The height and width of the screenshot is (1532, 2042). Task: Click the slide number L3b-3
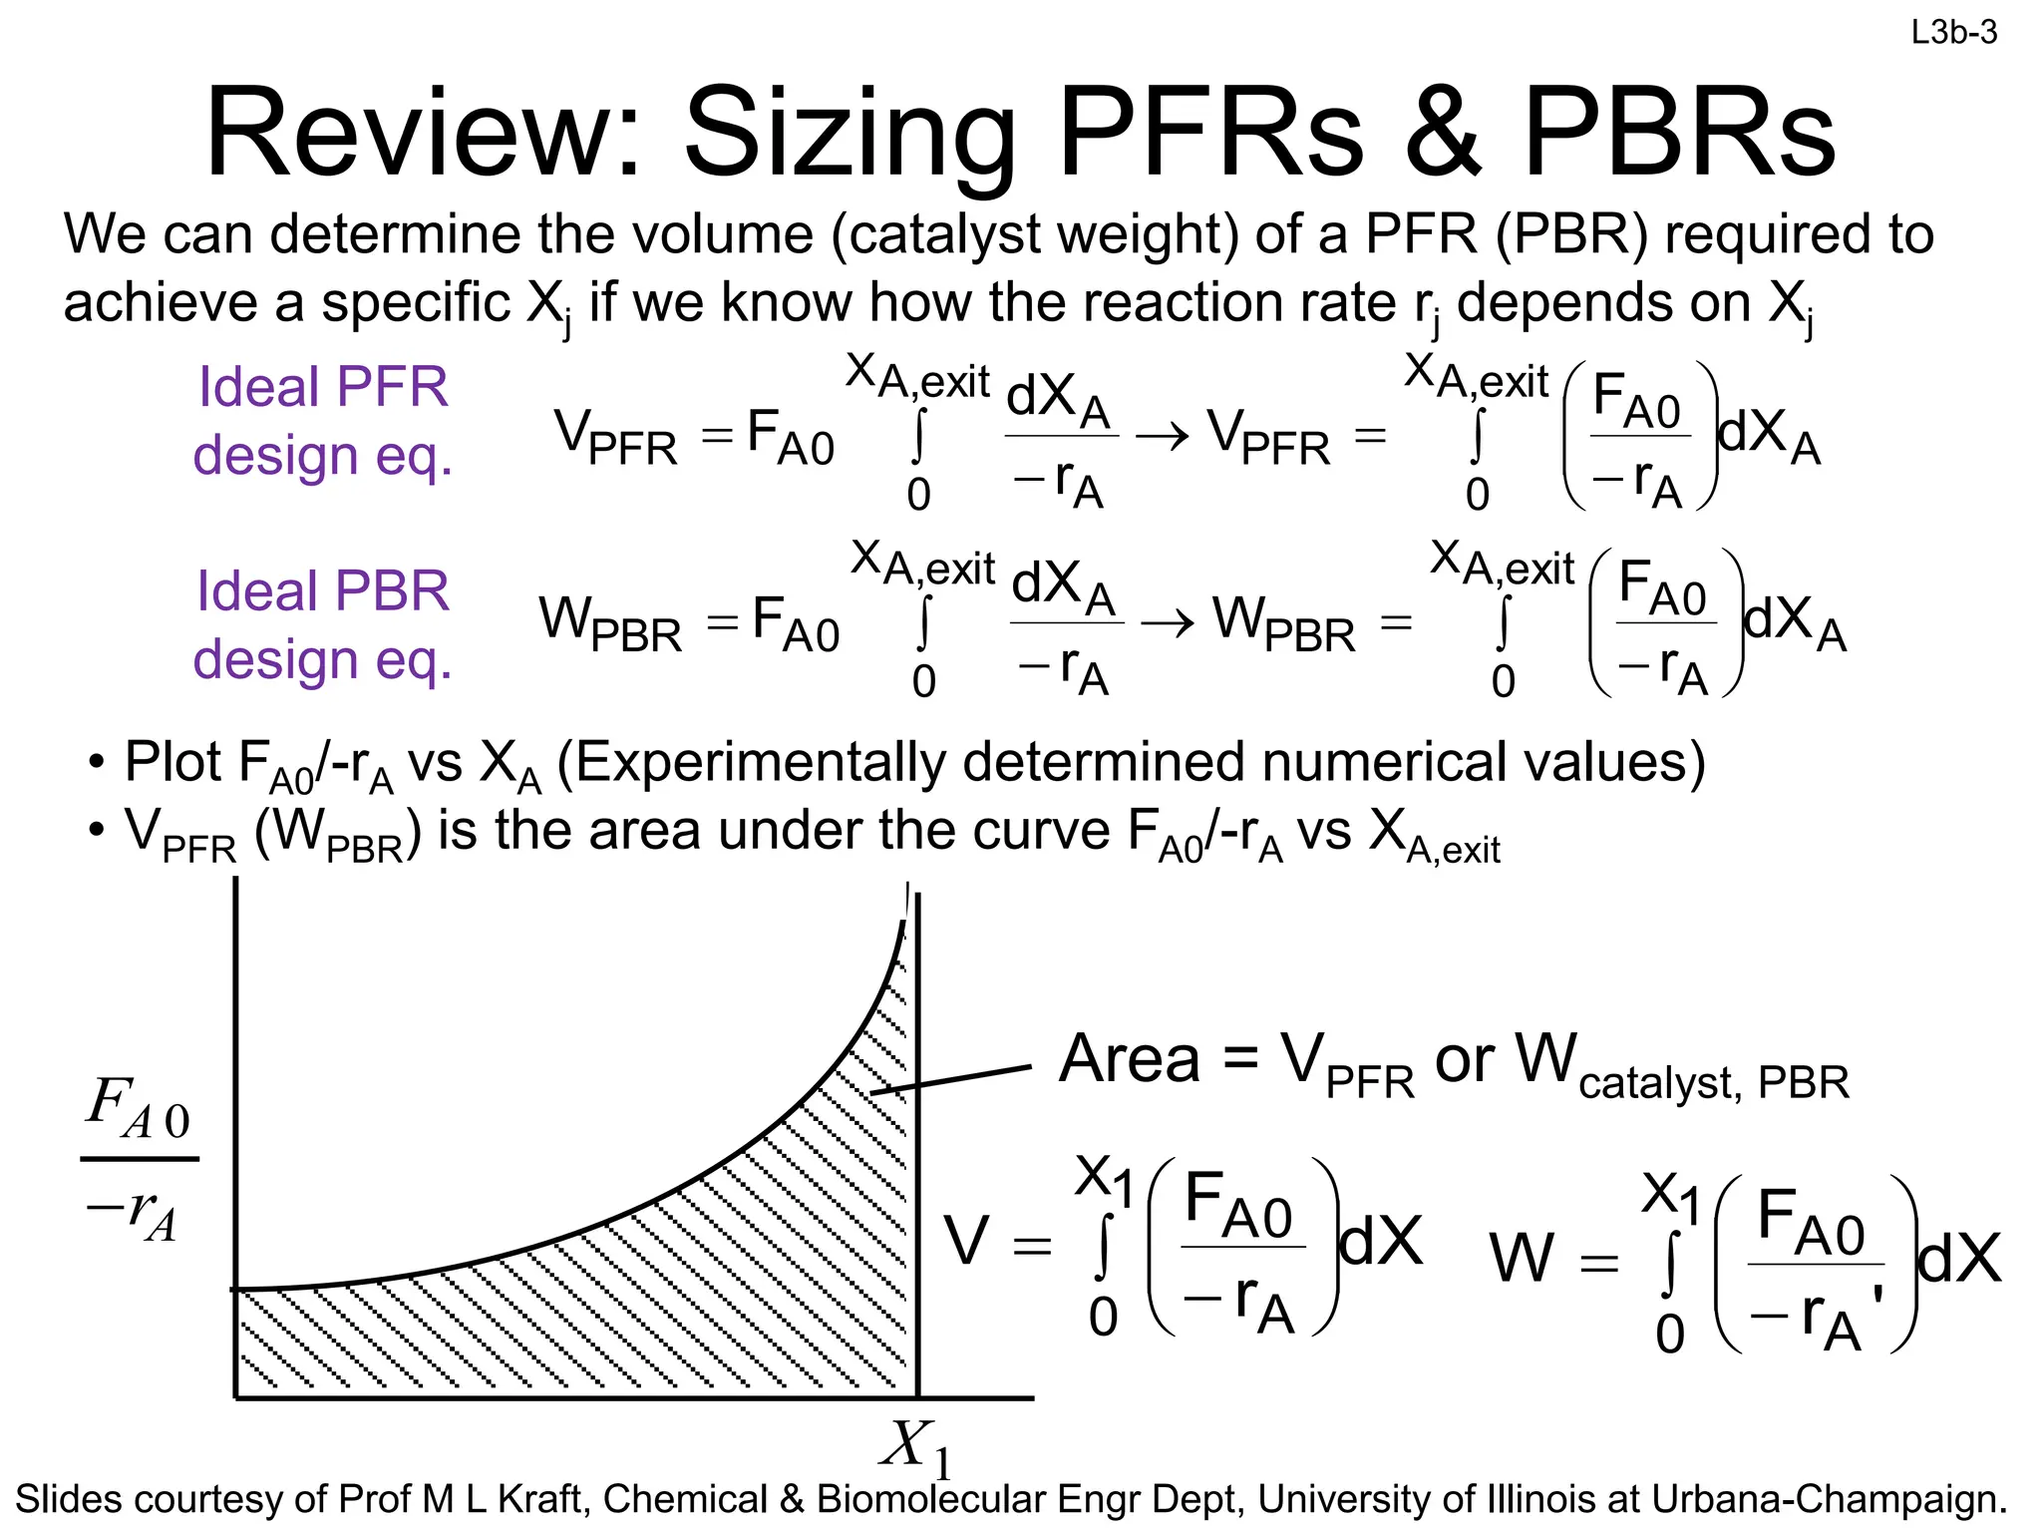tap(1953, 33)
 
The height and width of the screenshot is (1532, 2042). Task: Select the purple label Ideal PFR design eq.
tap(323, 421)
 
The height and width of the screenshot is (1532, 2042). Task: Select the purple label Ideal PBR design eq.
tap(323, 625)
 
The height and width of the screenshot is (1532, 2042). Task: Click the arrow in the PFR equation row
tap(1162, 436)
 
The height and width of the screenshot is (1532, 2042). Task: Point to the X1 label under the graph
tap(915, 1446)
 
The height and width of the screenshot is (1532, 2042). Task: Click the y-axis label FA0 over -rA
tap(139, 1159)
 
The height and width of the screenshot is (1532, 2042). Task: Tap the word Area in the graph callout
tap(1129, 1059)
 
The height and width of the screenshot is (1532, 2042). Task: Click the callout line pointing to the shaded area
tap(951, 1079)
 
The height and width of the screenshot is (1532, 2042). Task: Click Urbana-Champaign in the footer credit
tap(1829, 1499)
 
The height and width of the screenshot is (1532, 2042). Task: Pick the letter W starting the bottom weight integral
tap(1522, 1259)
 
